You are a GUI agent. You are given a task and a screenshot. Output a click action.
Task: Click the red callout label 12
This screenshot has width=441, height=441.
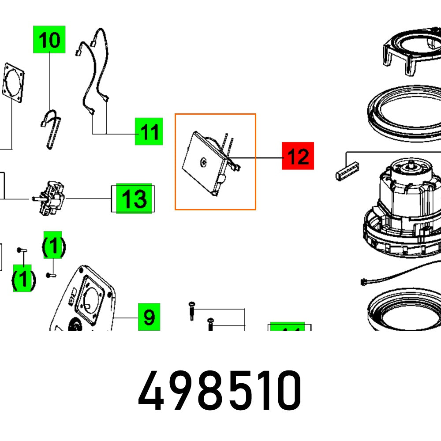point(298,156)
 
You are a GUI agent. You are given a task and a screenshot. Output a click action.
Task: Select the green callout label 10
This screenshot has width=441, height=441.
point(49,39)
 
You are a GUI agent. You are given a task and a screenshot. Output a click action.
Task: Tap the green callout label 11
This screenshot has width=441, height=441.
point(149,131)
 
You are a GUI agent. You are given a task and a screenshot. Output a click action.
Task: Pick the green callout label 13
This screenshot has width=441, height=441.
point(134,198)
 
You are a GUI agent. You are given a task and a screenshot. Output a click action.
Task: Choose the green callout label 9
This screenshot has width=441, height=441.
point(149,317)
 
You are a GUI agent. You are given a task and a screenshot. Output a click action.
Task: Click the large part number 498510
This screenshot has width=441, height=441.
point(220,390)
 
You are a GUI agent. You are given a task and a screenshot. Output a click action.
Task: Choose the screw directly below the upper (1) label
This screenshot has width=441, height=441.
point(51,275)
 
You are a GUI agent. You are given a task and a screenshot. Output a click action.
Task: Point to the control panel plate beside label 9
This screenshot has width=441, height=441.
point(88,304)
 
